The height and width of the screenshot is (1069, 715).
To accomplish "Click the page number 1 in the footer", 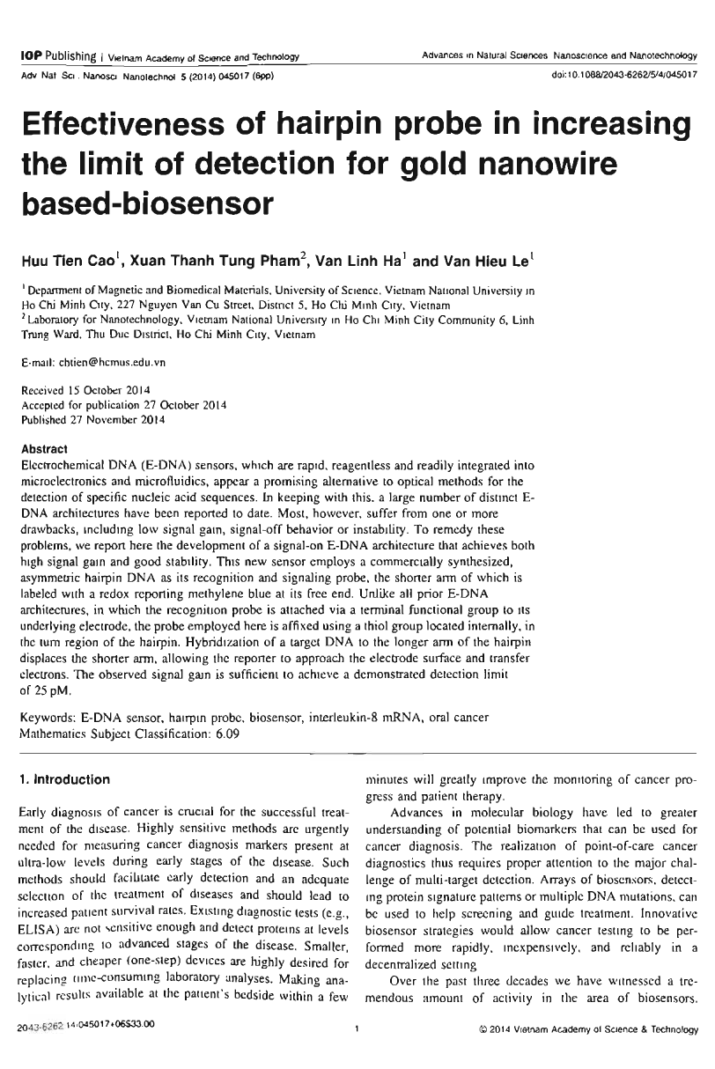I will (356, 1050).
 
